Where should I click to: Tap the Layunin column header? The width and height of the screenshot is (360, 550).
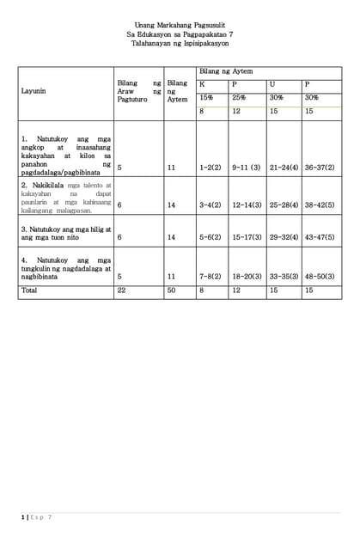pyautogui.click(x=34, y=90)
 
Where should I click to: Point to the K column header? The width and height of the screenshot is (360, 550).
pyautogui.click(x=202, y=84)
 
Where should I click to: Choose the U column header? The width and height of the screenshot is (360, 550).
pyautogui.click(x=272, y=84)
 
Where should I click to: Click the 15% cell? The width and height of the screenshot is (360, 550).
pyautogui.click(x=206, y=98)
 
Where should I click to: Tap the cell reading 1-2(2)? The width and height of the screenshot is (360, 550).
pyautogui.click(x=211, y=168)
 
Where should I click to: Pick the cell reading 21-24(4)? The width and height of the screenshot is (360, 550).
pyautogui.click(x=284, y=168)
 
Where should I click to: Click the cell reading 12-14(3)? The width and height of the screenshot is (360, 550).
pyautogui.click(x=247, y=205)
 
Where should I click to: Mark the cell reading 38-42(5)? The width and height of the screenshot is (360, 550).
pyautogui.click(x=320, y=205)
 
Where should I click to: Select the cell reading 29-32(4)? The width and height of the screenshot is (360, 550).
pyautogui.click(x=284, y=236)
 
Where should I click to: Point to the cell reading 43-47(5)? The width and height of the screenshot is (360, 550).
pyautogui.click(x=320, y=236)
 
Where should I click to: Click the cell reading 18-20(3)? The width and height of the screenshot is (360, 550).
pyautogui.click(x=247, y=277)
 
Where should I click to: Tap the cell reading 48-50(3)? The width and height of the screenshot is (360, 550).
pyautogui.click(x=320, y=277)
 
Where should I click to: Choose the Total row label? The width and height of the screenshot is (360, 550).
pyautogui.click(x=28, y=290)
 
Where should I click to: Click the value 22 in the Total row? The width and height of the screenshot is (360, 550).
pyautogui.click(x=121, y=290)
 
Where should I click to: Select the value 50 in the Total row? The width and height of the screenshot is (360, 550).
pyautogui.click(x=172, y=290)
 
